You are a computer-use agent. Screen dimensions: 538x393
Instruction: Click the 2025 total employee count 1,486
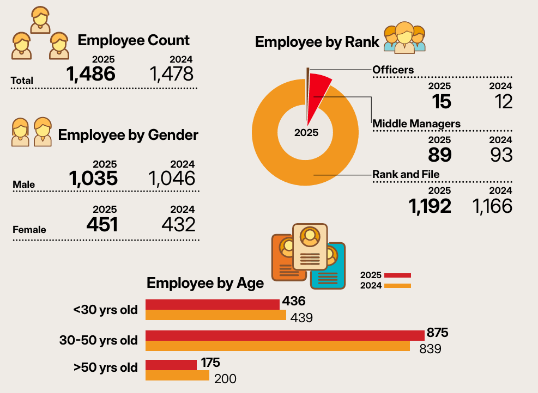(x=91, y=74)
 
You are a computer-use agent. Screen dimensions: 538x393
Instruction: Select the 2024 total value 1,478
(x=172, y=74)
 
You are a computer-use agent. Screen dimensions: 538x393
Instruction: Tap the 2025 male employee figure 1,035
(x=93, y=179)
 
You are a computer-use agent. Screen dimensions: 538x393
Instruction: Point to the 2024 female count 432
(x=178, y=225)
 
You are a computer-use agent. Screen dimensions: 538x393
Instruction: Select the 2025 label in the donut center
(x=306, y=133)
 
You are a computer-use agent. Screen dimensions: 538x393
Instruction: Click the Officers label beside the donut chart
(x=393, y=70)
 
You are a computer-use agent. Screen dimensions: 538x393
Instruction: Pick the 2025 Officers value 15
(x=441, y=102)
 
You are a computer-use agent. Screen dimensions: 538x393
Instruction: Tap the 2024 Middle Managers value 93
(x=501, y=155)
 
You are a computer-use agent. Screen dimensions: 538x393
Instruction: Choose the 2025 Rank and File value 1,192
(x=430, y=206)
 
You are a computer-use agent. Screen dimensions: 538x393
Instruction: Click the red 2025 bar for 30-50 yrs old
(x=285, y=336)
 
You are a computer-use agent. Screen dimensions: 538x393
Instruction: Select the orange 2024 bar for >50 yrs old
(x=177, y=375)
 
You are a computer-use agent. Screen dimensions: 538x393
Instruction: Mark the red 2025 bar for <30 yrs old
(x=213, y=305)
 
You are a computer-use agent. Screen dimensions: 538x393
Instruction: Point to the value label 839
(x=430, y=349)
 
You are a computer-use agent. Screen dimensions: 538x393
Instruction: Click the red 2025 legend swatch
(x=397, y=275)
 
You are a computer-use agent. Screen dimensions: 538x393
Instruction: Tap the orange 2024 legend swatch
(x=397, y=286)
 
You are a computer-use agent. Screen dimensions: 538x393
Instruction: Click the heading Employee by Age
(x=205, y=284)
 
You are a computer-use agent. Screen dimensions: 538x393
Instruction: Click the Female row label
(x=29, y=230)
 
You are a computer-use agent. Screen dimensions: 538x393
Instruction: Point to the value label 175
(x=210, y=363)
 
